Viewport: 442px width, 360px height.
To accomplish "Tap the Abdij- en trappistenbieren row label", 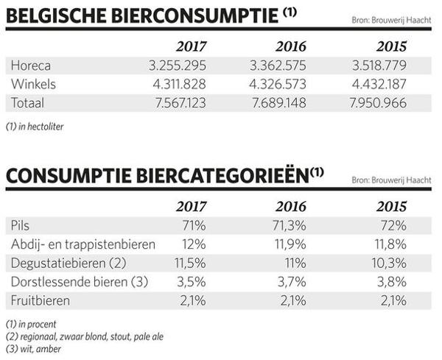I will (x=83, y=244).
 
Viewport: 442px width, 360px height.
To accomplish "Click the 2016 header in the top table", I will (x=286, y=46).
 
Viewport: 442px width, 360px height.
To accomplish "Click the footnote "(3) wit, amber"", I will (x=33, y=348).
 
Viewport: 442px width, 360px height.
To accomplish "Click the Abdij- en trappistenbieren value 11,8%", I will (x=388, y=244).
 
